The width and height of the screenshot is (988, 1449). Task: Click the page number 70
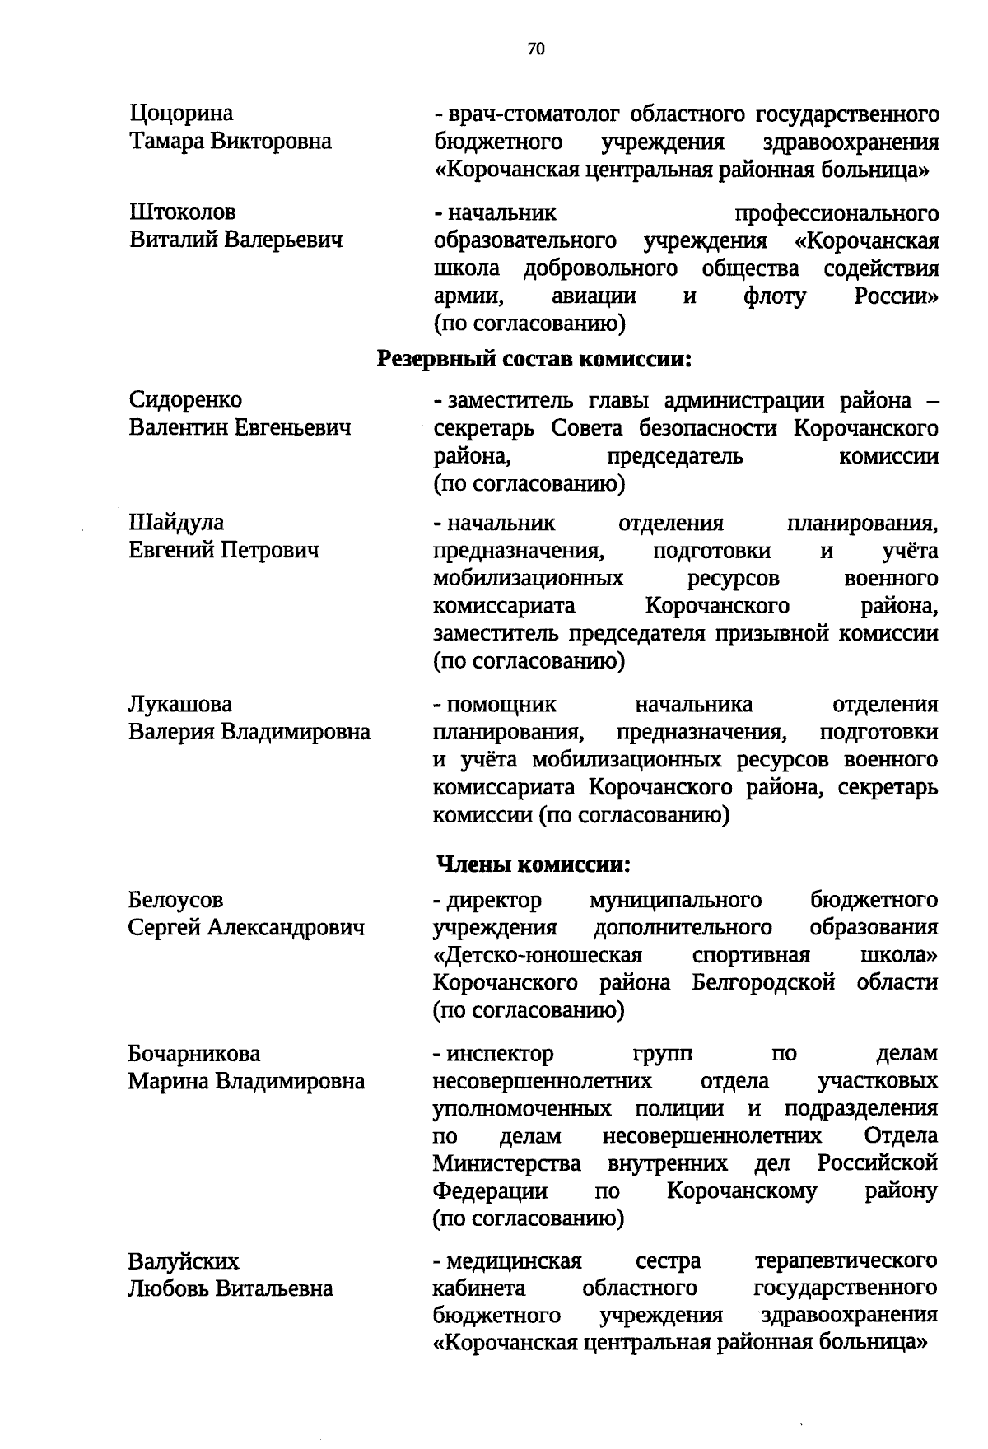pyautogui.click(x=536, y=49)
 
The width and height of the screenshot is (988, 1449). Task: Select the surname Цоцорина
pyautogui.click(x=181, y=114)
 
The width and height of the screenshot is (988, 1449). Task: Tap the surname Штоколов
pyautogui.click(x=183, y=213)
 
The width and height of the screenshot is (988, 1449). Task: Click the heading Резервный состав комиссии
pyautogui.click(x=534, y=359)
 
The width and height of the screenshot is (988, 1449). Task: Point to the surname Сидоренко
pyautogui.click(x=185, y=400)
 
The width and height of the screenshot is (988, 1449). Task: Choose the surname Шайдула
pyautogui.click(x=176, y=523)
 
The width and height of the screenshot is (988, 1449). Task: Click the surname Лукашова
pyautogui.click(x=180, y=705)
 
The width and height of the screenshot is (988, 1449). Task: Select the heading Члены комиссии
pyautogui.click(x=534, y=865)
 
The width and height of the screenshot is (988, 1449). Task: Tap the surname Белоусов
pyautogui.click(x=175, y=901)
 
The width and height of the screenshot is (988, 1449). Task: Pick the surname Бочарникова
pyautogui.click(x=194, y=1054)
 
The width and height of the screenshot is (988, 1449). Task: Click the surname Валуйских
pyautogui.click(x=184, y=1261)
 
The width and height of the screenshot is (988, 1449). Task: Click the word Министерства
pyautogui.click(x=506, y=1164)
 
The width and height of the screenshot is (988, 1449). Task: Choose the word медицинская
pyautogui.click(x=515, y=1261)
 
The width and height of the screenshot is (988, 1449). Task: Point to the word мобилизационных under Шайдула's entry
pyautogui.click(x=528, y=579)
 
